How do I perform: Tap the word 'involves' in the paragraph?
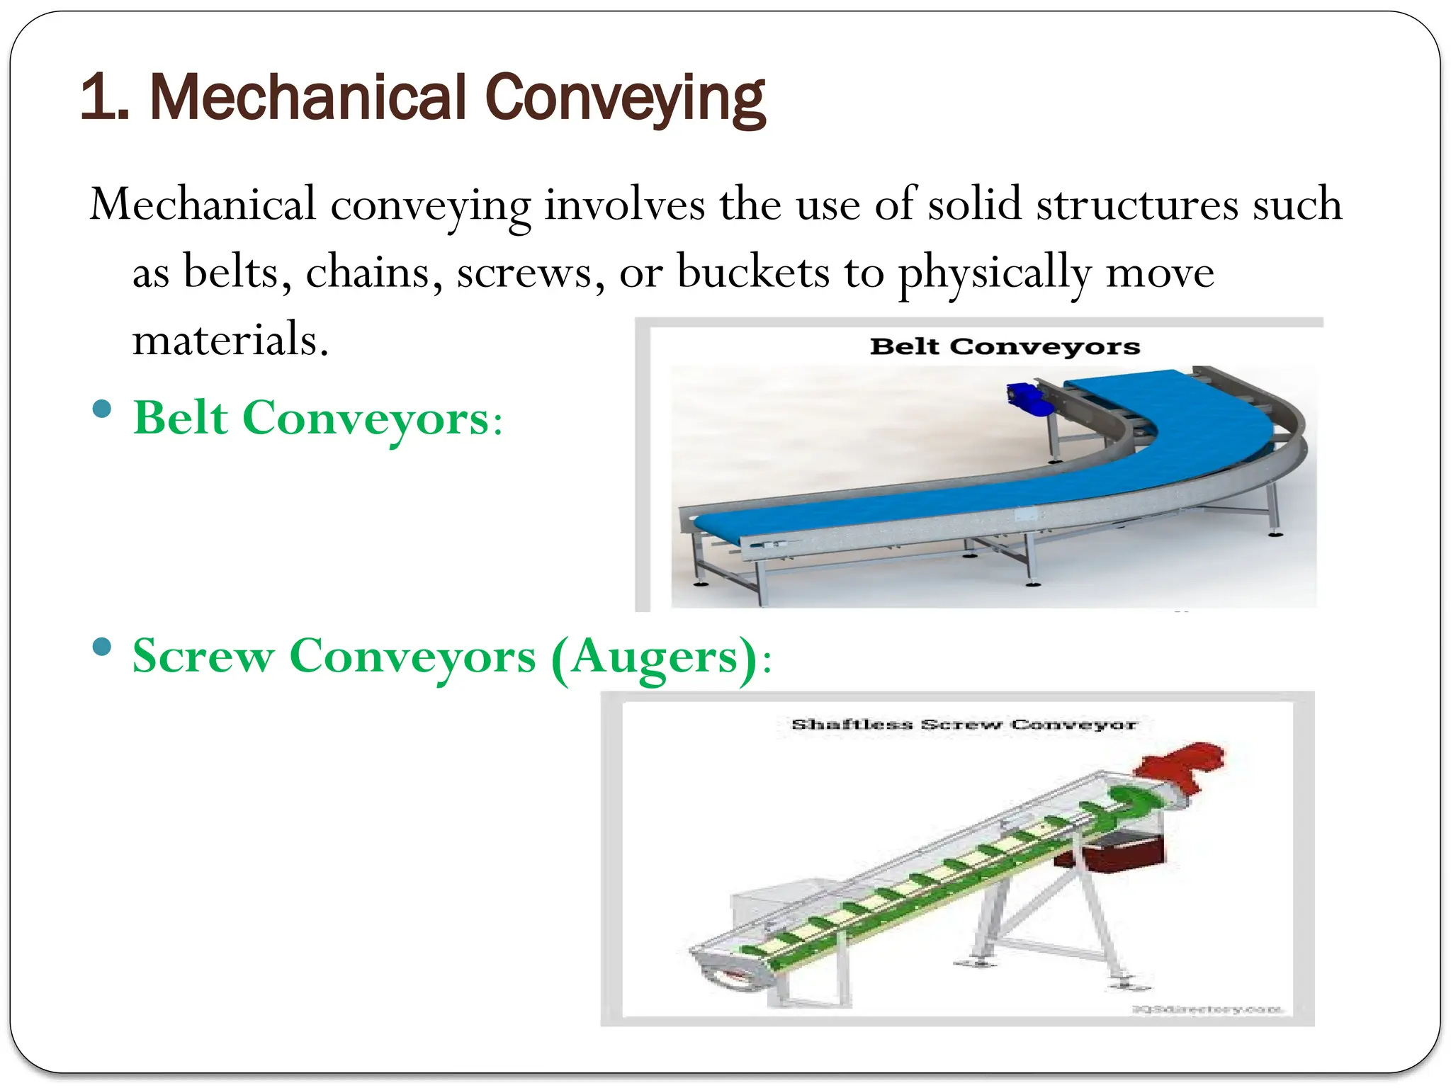pos(624,205)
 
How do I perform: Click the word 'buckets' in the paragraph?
pos(752,273)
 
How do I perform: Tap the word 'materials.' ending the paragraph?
pos(230,340)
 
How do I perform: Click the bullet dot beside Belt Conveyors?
pos(103,409)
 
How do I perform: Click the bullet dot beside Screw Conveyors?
pos(103,647)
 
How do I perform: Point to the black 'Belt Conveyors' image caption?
pos(1005,346)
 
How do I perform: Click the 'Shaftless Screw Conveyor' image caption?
pos(964,725)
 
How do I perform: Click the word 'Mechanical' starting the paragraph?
pos(203,205)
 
